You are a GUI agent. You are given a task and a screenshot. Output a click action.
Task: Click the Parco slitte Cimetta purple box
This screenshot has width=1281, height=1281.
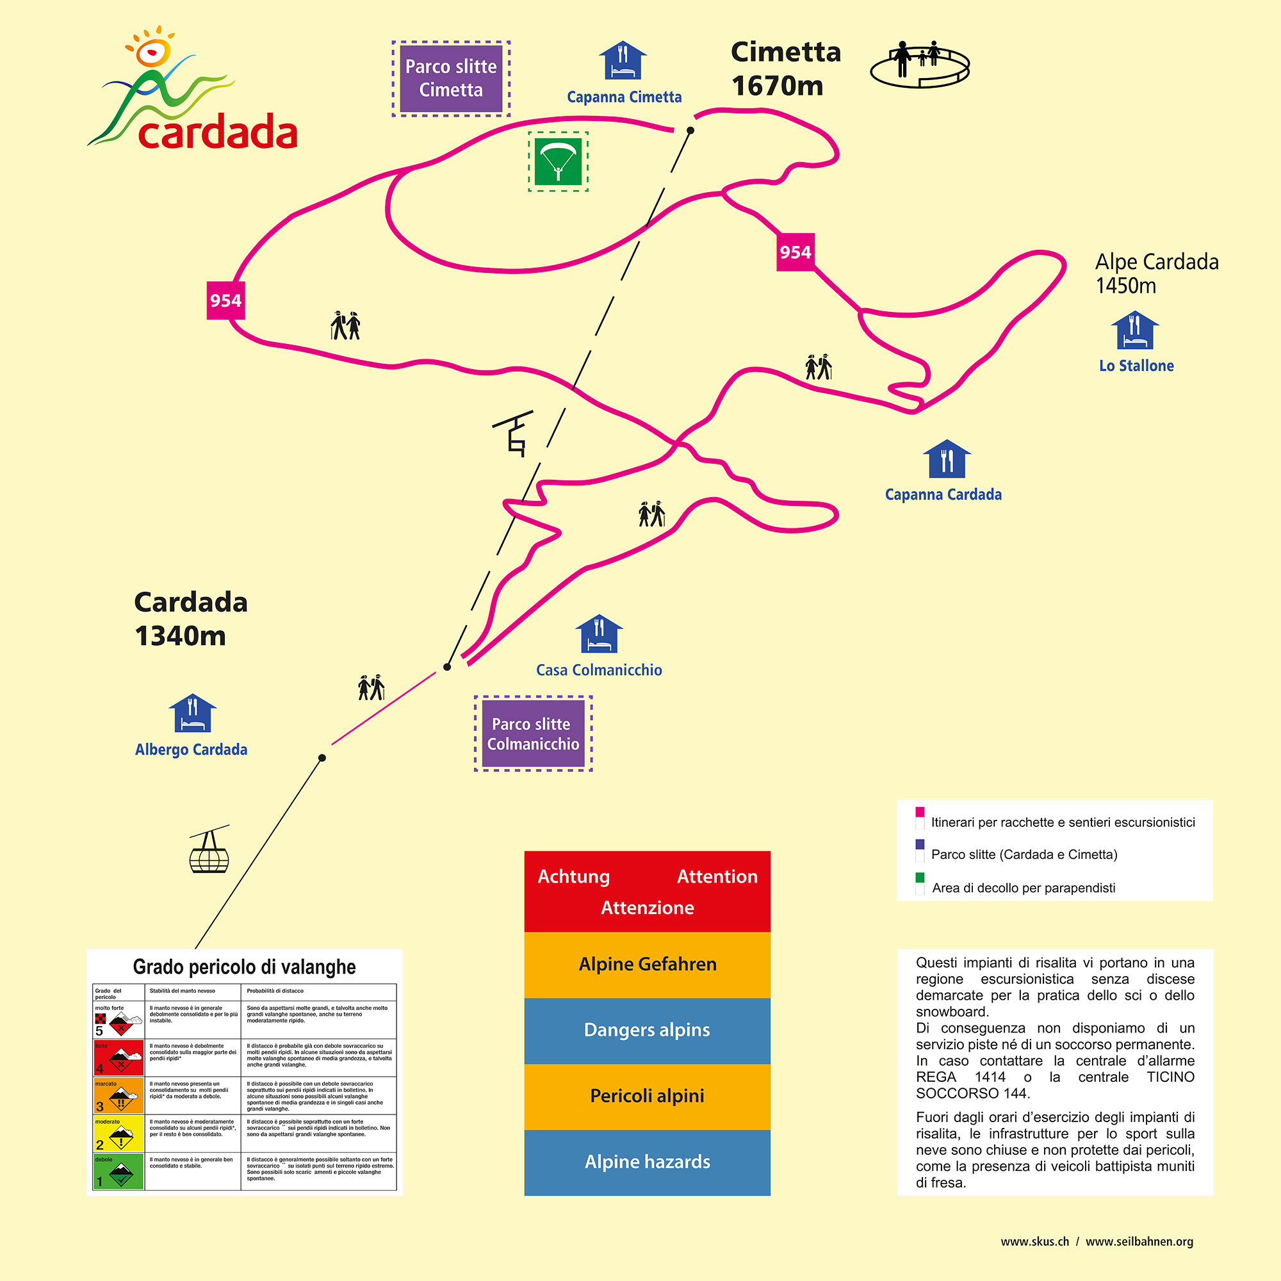(451, 78)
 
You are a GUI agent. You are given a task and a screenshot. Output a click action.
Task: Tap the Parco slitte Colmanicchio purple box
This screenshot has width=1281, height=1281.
(533, 733)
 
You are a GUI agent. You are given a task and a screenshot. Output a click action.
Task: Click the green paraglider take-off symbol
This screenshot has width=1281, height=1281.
(559, 161)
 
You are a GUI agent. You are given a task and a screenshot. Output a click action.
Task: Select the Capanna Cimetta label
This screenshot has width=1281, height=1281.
(624, 97)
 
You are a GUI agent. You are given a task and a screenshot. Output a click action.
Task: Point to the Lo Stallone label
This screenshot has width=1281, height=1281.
(1136, 366)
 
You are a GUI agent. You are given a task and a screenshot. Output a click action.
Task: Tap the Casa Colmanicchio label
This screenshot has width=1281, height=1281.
(599, 671)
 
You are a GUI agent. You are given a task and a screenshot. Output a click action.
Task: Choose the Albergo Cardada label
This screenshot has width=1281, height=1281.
(191, 750)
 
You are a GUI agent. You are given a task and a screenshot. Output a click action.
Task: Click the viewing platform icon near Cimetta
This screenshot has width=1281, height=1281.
(920, 63)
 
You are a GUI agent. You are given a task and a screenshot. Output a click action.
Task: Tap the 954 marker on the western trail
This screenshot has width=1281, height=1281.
(225, 300)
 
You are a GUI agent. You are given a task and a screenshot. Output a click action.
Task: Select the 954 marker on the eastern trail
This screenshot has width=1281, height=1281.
(795, 252)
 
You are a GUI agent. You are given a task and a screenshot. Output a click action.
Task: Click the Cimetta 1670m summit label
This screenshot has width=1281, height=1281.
(785, 69)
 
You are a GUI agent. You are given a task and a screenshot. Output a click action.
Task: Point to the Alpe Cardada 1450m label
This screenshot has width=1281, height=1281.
(1156, 273)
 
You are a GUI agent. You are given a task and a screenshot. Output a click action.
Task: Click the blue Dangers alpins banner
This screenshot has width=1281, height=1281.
(647, 1030)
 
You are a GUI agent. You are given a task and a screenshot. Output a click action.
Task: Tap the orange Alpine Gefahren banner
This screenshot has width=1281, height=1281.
(647, 964)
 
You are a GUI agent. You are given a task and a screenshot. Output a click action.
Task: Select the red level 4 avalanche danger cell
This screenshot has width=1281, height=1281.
(118, 1057)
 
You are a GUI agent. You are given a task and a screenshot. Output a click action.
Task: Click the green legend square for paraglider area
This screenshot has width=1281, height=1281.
(920, 877)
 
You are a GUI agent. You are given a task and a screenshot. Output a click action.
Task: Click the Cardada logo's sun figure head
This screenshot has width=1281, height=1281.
(152, 52)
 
